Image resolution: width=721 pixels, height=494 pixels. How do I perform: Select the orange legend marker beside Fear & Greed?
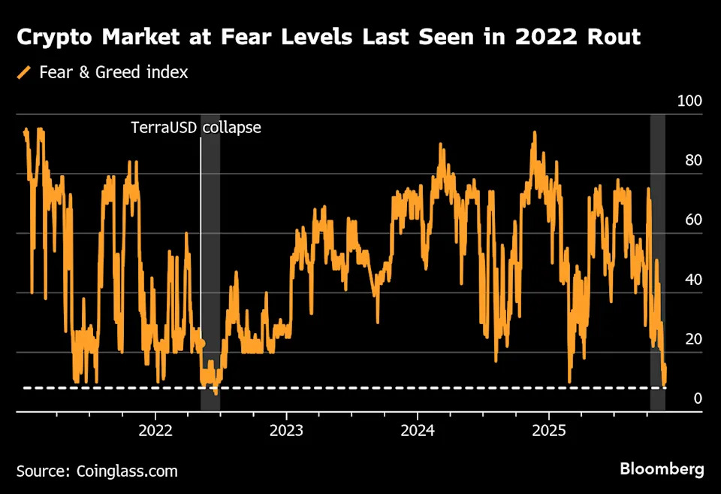[x=24, y=73]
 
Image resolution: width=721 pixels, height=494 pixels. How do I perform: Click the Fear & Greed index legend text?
[x=113, y=73]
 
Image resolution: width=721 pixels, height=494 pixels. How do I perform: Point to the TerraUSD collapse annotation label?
[x=196, y=127]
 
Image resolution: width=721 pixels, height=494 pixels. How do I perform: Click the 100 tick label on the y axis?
[x=689, y=102]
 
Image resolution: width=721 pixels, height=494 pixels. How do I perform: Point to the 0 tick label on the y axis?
[x=698, y=399]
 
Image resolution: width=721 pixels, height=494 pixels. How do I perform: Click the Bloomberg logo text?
[x=662, y=469]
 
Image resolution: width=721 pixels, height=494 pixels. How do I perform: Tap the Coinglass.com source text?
[x=128, y=471]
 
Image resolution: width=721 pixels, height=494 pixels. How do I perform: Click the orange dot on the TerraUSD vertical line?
[x=201, y=343]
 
